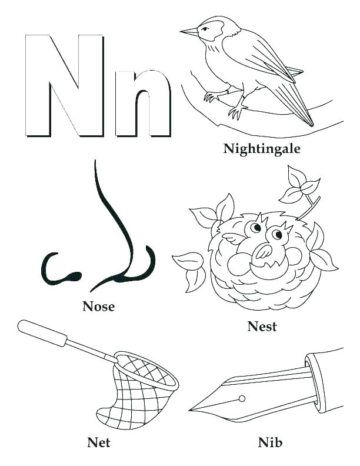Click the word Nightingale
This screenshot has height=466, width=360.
pos(262,149)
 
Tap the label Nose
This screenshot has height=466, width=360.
pos(98,306)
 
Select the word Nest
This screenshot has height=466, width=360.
pos(262,327)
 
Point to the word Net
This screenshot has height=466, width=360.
pos(98,441)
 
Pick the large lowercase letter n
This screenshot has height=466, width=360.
pos(143,103)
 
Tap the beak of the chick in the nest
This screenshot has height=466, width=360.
pos(262,252)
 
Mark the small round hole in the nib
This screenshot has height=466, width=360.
pos(241,398)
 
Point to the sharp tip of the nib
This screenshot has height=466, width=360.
pos(192,408)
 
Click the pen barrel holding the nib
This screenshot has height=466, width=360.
pos(329,377)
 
